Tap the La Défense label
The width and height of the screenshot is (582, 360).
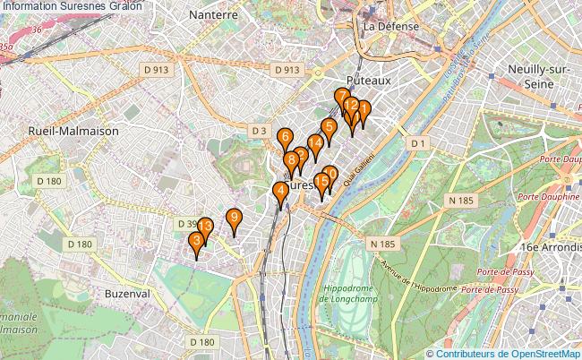click(391, 26)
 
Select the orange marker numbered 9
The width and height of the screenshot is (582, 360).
click(234, 218)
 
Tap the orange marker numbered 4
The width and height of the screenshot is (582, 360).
click(281, 192)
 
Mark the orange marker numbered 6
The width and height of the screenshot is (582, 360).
click(284, 138)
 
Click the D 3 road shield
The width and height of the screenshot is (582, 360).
click(259, 131)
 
